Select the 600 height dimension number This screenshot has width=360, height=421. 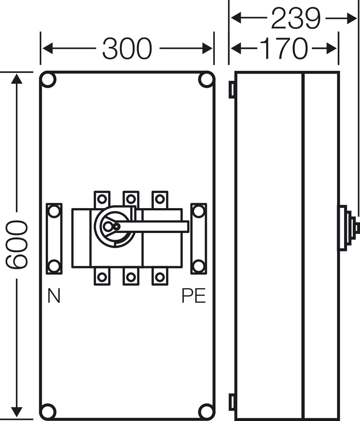(16, 245)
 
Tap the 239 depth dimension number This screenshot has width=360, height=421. (295, 18)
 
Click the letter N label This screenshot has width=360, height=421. (54, 296)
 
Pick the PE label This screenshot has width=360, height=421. (194, 296)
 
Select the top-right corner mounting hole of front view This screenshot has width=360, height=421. (206, 80)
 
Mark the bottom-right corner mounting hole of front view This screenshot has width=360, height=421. (206, 411)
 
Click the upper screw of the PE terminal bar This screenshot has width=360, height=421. (198, 211)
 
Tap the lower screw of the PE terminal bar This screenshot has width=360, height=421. (198, 266)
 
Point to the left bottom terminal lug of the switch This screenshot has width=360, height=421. (102, 277)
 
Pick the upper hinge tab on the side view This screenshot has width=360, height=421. (232, 89)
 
